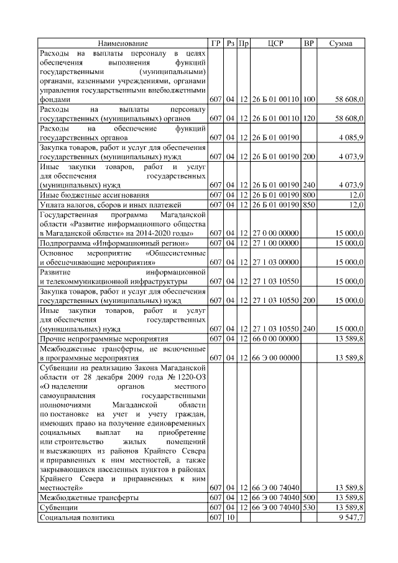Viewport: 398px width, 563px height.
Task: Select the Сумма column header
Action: (341, 44)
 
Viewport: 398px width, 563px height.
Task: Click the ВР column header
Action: (308, 44)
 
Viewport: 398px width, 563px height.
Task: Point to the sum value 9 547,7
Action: (350, 518)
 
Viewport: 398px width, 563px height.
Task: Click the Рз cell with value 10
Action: (229, 518)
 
